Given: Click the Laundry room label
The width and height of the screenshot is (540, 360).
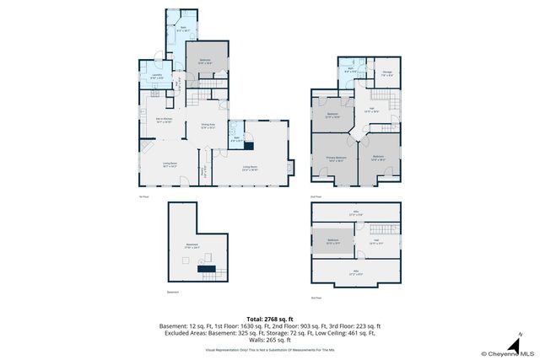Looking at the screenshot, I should (x=157, y=76).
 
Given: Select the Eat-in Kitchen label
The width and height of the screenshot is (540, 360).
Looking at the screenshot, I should (x=163, y=121).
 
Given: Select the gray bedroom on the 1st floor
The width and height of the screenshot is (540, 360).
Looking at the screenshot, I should (x=205, y=61).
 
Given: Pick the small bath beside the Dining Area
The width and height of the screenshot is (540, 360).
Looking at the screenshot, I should (x=239, y=138).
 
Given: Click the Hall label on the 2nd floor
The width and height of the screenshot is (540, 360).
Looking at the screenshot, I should (x=370, y=109).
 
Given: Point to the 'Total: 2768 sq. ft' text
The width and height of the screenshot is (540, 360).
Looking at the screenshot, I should (x=269, y=318).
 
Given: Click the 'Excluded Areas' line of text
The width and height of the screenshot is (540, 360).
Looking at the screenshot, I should (x=269, y=333).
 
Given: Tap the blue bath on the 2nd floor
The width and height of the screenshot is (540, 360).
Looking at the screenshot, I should (x=352, y=72).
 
